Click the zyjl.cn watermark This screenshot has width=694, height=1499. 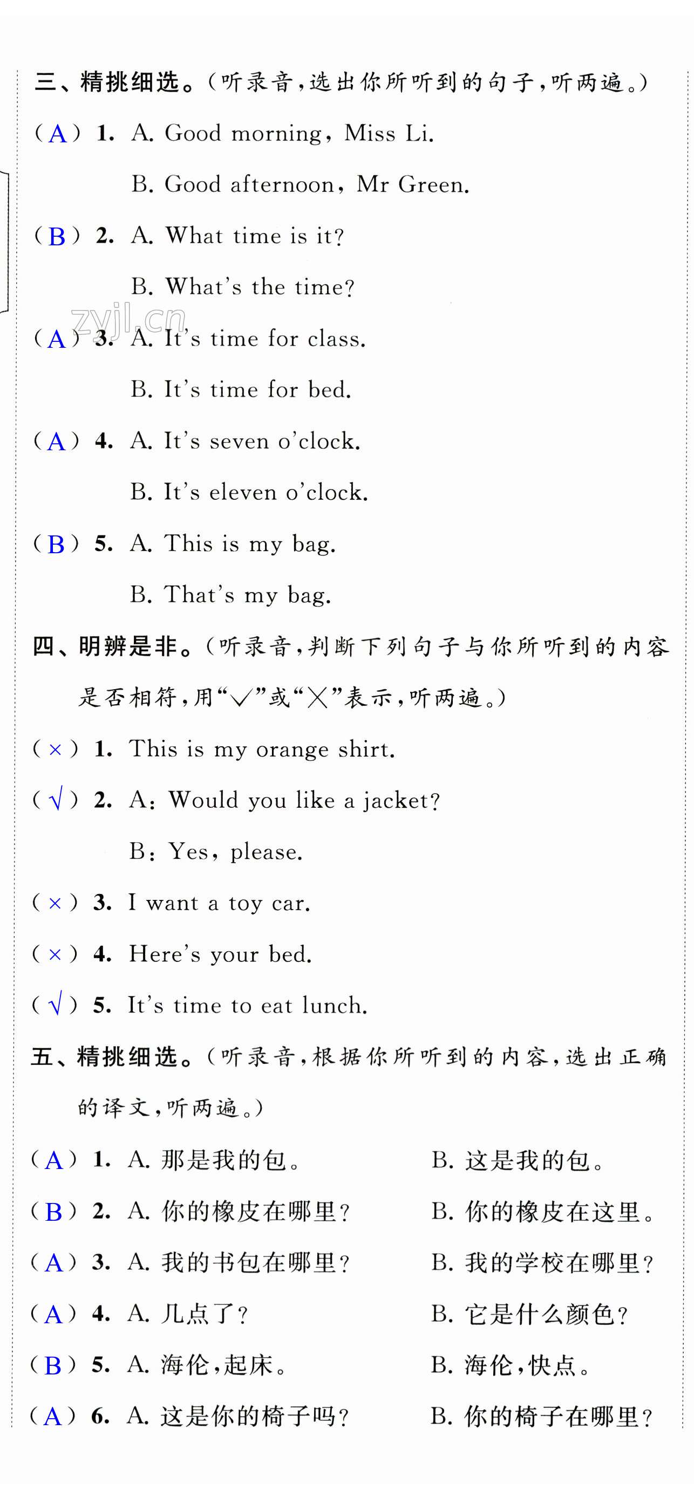point(128,319)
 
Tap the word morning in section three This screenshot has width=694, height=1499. point(276,134)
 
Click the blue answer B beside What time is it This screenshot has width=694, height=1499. point(57,237)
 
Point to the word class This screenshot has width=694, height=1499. point(336,339)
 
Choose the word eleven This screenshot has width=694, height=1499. point(243,492)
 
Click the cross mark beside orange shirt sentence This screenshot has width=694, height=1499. point(55,749)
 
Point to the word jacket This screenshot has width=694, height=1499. point(400,801)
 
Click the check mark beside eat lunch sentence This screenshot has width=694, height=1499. point(55,1005)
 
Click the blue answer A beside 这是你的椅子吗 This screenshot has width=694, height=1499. point(52,1417)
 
